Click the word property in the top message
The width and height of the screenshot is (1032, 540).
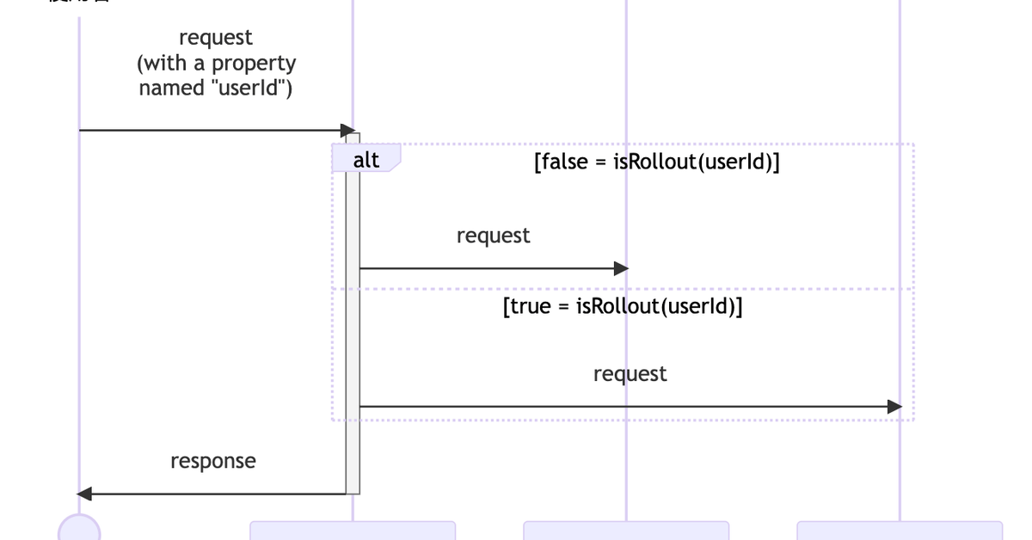[x=254, y=64]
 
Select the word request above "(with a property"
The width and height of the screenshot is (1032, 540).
[x=216, y=38]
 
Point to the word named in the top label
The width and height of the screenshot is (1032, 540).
[x=171, y=88]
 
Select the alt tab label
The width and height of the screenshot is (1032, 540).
[x=366, y=159]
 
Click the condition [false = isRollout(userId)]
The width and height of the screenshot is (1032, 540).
[x=657, y=162]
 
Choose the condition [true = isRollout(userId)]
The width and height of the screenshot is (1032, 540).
[x=623, y=307]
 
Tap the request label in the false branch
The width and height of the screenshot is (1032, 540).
[x=494, y=235]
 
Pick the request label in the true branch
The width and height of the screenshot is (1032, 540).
[x=630, y=374]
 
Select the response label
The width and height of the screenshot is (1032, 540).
[x=213, y=461]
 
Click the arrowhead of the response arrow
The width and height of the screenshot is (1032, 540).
[x=84, y=494]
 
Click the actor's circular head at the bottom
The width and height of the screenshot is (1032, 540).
[x=79, y=529]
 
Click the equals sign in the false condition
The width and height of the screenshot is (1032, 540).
[x=600, y=163]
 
